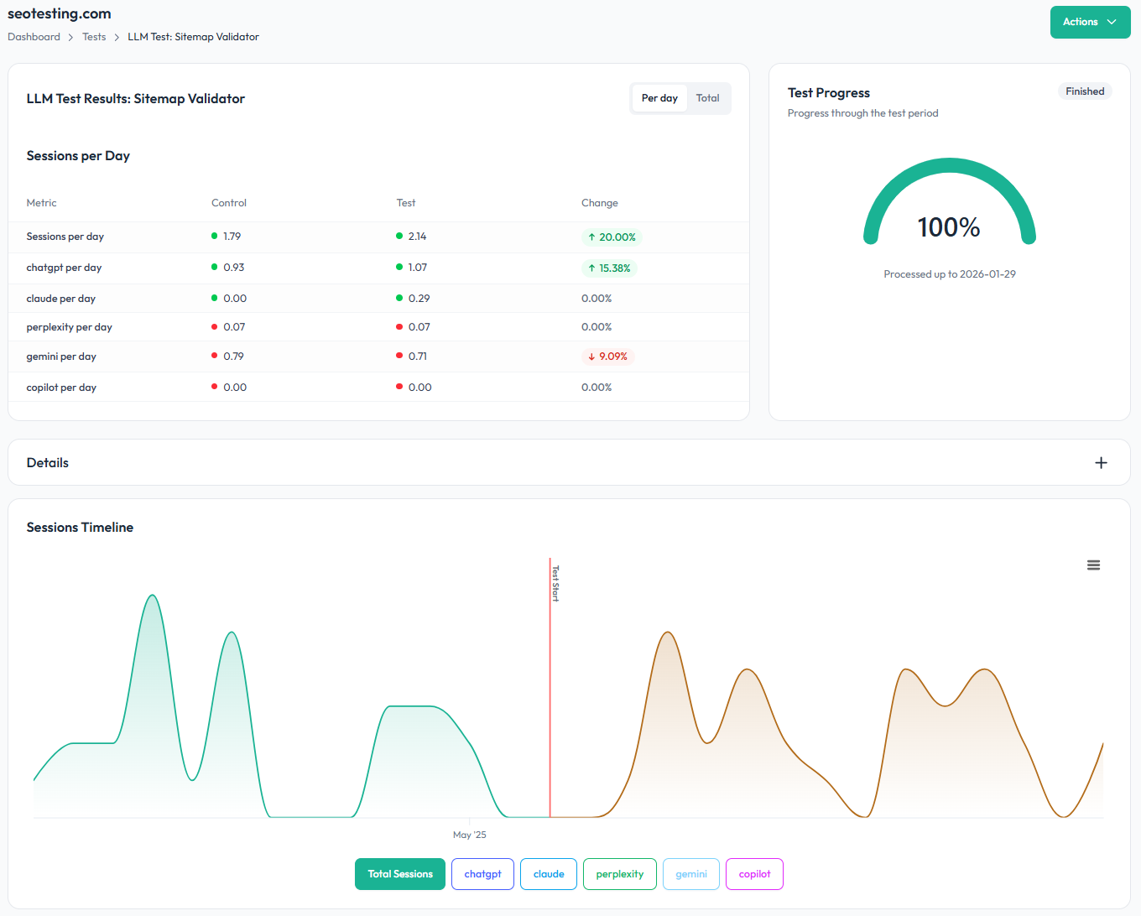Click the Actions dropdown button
click(1089, 23)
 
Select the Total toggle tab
click(707, 98)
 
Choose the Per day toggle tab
click(659, 98)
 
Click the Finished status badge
click(1084, 91)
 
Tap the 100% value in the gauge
click(949, 227)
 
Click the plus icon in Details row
click(1101, 463)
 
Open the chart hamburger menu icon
click(1093, 565)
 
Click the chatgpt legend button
click(482, 874)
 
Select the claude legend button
click(549, 874)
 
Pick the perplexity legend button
click(620, 874)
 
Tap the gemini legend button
click(691, 874)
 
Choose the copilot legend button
click(754, 874)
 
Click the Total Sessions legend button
click(400, 874)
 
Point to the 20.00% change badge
click(612, 237)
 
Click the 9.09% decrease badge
click(607, 357)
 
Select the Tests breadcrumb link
click(94, 37)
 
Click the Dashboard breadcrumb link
click(34, 37)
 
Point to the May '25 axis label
click(469, 835)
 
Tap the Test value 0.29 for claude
click(419, 299)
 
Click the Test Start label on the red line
click(555, 583)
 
